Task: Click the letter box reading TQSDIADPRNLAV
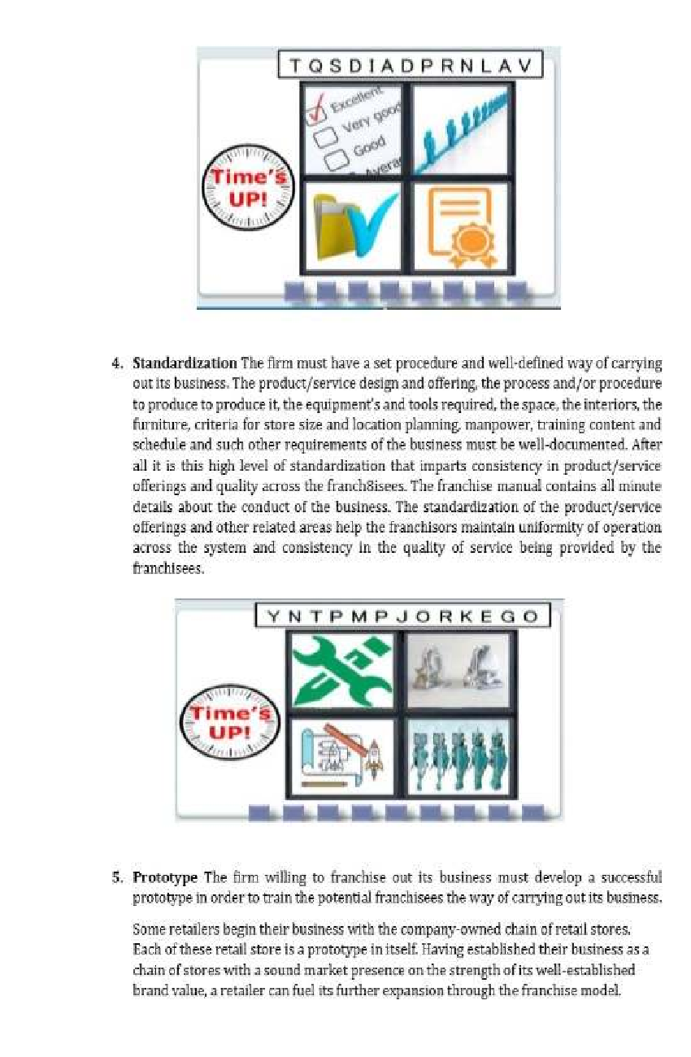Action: [x=410, y=65]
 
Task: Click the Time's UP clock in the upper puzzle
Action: [x=248, y=187]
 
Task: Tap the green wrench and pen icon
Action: [x=342, y=670]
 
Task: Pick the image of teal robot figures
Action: [x=458, y=756]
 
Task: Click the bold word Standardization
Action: [x=184, y=363]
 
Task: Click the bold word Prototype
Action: [x=165, y=877]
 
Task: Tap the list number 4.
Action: [x=116, y=363]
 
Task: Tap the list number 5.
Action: [x=116, y=877]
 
